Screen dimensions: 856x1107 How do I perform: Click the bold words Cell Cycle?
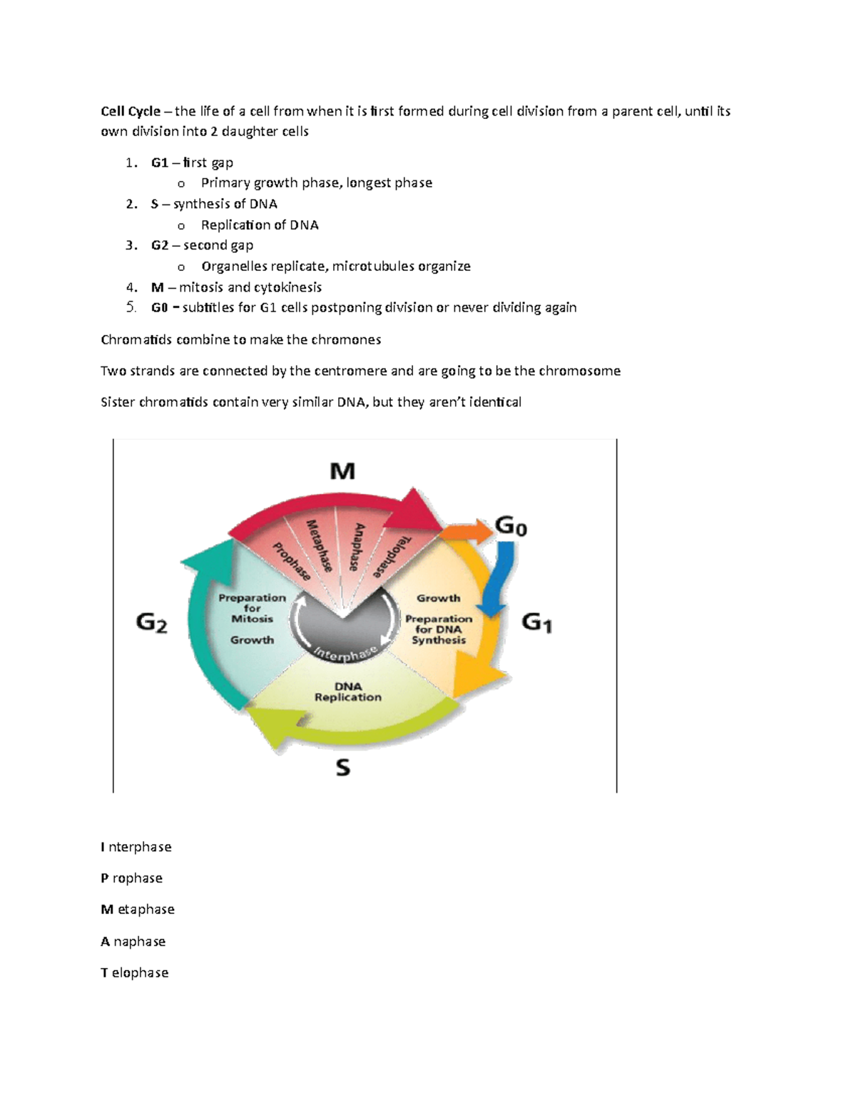tap(131, 111)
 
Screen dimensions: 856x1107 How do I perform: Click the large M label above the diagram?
tap(342, 471)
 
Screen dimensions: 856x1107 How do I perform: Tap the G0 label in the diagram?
tap(511, 527)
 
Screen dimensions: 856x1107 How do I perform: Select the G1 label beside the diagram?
tap(537, 623)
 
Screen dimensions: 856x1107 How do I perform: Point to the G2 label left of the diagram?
tap(151, 623)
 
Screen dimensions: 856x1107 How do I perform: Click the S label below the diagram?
tap(343, 768)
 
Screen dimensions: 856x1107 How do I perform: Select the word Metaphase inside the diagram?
tap(320, 545)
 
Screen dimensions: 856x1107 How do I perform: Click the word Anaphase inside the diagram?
tap(357, 547)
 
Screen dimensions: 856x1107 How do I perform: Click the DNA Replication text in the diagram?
tap(348, 691)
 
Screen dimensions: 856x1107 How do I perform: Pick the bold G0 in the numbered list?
tap(160, 308)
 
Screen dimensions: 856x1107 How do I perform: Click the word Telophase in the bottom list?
tap(135, 973)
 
